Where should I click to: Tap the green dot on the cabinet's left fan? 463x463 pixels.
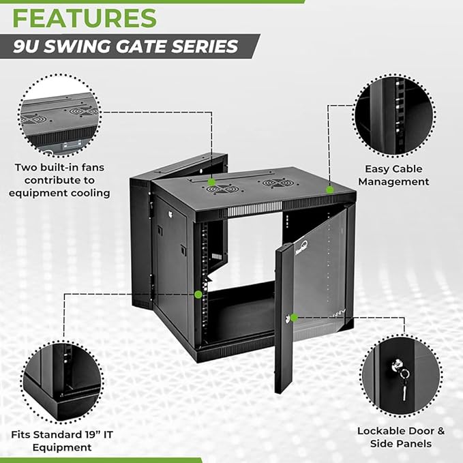(x=212, y=182)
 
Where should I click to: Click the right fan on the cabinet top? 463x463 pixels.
(x=277, y=183)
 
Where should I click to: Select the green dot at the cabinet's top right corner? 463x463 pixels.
(x=329, y=189)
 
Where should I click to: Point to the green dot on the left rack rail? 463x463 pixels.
(x=198, y=295)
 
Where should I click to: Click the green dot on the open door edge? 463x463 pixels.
(x=294, y=318)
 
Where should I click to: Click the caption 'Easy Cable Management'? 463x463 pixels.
(x=393, y=175)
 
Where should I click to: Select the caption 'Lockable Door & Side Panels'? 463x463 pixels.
(x=401, y=437)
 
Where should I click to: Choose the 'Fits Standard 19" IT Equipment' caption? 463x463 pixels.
(x=61, y=441)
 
